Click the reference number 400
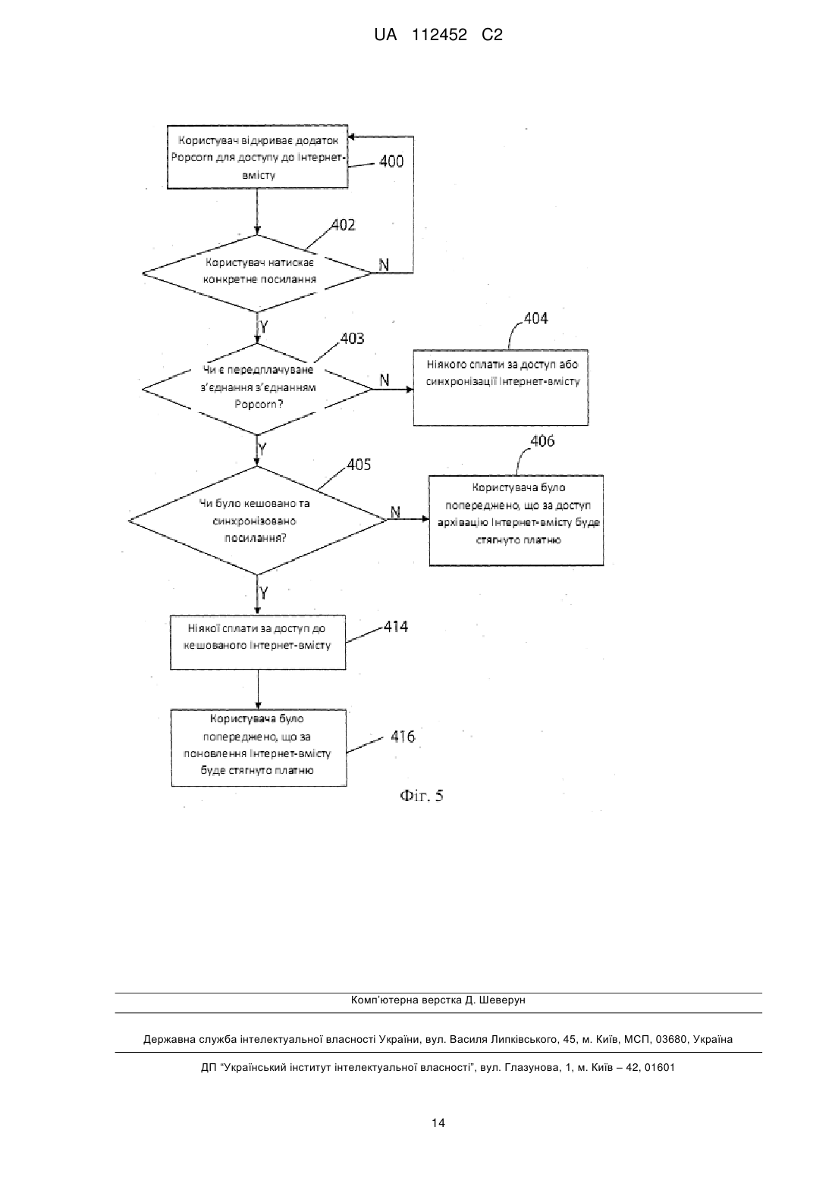click(x=391, y=161)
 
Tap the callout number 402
click(x=344, y=225)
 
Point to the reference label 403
click(x=352, y=338)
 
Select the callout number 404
click(x=535, y=318)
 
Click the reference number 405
click(x=359, y=464)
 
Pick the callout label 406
click(x=542, y=441)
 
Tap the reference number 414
click(x=396, y=626)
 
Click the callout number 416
click(x=403, y=736)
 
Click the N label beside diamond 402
click(x=384, y=265)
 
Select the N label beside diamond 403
click(x=385, y=380)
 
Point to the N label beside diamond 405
click(x=395, y=512)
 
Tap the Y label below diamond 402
click(x=264, y=327)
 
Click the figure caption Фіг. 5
click(x=421, y=796)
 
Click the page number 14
click(x=438, y=1122)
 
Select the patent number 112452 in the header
click(x=439, y=35)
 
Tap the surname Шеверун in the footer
click(x=502, y=1000)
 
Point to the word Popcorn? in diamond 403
click(x=259, y=404)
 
